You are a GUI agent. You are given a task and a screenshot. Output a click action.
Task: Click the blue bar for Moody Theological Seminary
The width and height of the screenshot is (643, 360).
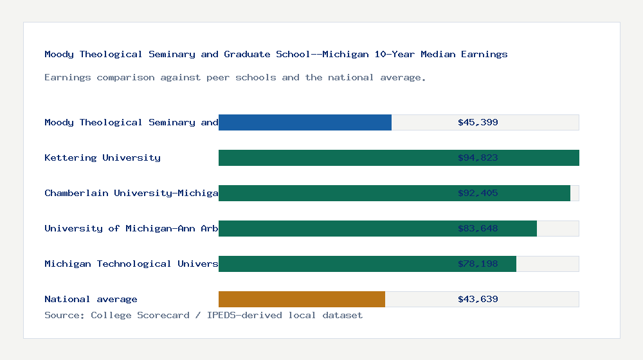(x=305, y=122)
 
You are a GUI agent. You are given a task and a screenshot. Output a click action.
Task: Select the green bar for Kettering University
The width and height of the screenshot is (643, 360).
(x=334, y=157)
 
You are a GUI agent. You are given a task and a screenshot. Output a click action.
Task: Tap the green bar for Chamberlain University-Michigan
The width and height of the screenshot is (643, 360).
(x=334, y=193)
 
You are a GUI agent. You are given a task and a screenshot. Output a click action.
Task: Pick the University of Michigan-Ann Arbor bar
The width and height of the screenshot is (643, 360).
(x=334, y=228)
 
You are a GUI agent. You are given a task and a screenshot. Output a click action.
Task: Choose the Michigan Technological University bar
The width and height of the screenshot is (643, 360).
(x=334, y=264)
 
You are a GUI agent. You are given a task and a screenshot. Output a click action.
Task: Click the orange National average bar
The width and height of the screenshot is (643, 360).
(x=302, y=299)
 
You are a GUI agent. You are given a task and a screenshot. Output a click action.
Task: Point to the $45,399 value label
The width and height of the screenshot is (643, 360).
(x=478, y=122)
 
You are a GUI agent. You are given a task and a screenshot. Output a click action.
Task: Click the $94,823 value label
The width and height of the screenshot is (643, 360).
(x=478, y=157)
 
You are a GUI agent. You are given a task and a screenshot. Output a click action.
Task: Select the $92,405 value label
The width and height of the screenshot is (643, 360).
(x=478, y=193)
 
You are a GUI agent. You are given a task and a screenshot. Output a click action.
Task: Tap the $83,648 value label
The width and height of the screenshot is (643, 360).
(x=478, y=228)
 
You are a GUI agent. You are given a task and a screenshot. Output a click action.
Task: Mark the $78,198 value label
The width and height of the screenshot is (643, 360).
(x=478, y=264)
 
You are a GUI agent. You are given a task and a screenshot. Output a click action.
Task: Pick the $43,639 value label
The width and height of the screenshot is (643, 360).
(x=478, y=299)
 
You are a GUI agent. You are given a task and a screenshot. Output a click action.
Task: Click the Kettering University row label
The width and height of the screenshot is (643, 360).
(x=102, y=157)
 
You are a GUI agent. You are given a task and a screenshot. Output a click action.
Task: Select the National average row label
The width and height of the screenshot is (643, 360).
(x=91, y=299)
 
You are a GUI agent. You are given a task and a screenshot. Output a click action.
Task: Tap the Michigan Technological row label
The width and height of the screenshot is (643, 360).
(x=131, y=264)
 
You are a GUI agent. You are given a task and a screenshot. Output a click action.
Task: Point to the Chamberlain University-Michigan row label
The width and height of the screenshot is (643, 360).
(x=131, y=193)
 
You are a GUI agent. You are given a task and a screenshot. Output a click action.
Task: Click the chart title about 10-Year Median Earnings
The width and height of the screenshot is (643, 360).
(x=276, y=55)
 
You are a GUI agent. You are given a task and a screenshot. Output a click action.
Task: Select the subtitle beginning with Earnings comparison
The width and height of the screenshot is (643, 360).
(x=235, y=78)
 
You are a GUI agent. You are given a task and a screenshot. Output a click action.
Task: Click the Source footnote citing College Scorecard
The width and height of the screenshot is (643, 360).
(x=203, y=315)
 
